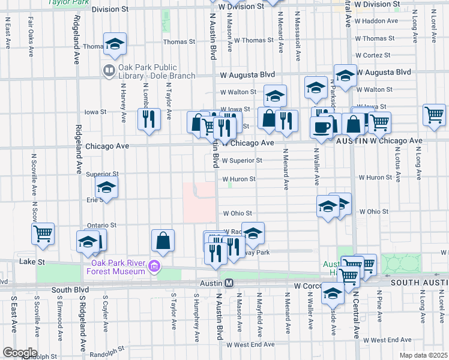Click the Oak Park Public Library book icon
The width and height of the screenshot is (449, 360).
[109, 70]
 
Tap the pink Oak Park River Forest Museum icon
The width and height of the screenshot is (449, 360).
[155, 265]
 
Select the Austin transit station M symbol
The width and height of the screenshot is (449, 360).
[229, 283]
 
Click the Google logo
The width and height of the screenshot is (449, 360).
[20, 352]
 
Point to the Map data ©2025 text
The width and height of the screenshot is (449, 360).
[424, 355]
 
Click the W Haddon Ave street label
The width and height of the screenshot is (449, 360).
[376, 21]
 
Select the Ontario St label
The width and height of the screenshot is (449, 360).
[101, 225]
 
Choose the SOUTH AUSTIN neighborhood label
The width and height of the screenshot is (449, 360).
[419, 282]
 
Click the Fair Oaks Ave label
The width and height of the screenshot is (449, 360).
[30, 35]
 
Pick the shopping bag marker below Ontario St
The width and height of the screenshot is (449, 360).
[163, 241]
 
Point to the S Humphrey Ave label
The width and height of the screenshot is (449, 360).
[196, 317]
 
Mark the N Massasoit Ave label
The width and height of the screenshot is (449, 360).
[298, 38]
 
